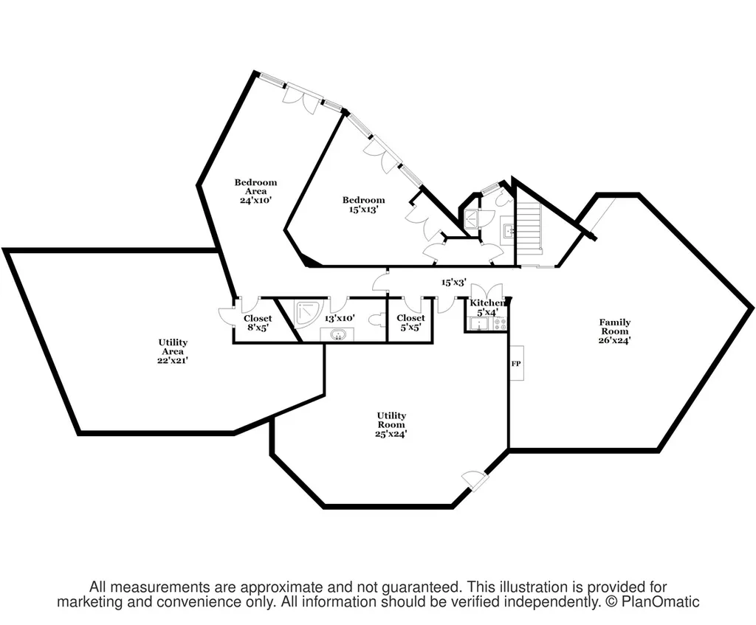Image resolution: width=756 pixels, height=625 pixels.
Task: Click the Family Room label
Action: tap(615, 331)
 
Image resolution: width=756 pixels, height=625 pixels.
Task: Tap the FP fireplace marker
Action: tap(516, 363)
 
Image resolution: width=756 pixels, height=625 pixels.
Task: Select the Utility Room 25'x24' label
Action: tap(391, 424)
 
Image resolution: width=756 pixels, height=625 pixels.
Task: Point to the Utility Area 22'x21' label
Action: tap(173, 351)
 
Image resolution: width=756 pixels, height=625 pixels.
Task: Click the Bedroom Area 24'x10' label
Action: tap(256, 191)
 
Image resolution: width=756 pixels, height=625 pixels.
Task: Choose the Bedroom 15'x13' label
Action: tap(363, 204)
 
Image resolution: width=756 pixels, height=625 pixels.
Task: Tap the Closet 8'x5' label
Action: tap(258, 322)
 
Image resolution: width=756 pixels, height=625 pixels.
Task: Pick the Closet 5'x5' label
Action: tap(410, 322)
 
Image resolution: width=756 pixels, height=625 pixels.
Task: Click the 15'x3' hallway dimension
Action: tap(454, 283)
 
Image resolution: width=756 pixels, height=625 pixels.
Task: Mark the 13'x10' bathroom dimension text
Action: tap(340, 318)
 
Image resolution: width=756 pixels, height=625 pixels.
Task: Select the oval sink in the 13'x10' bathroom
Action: tap(337, 334)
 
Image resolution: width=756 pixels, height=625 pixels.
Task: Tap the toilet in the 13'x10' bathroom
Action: tap(379, 320)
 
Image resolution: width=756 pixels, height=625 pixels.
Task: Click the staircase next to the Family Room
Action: tap(529, 229)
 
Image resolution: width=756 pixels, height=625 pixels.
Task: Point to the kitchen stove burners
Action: tap(501, 324)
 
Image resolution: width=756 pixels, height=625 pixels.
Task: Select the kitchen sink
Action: tap(479, 324)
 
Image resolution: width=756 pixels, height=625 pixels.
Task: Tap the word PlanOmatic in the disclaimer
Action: tap(660, 602)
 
